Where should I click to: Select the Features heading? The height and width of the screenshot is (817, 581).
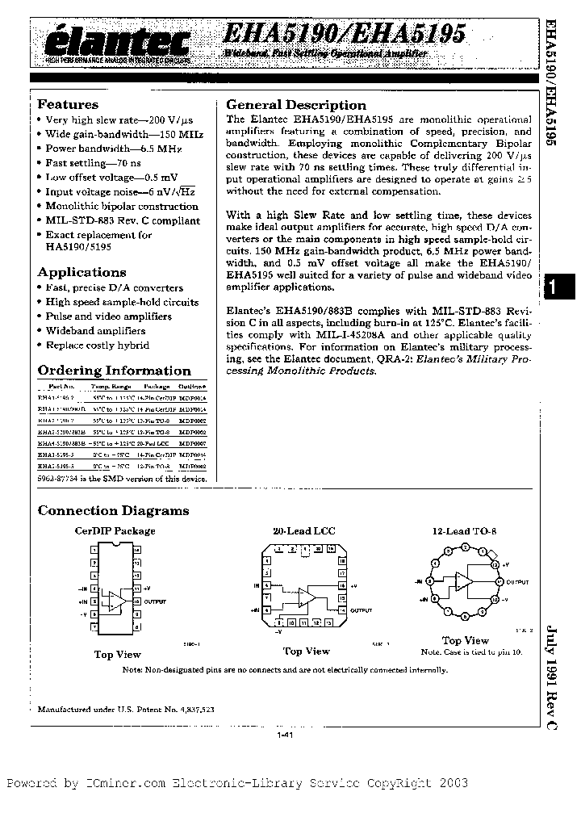coord(68,105)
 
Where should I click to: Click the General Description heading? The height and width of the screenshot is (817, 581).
coord(295,105)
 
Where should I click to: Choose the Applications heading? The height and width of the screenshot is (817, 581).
coord(82,272)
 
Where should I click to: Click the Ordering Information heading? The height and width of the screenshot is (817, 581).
coord(114,371)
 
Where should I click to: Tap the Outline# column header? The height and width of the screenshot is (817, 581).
coord(192,387)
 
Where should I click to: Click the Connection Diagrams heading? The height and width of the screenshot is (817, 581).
coord(113,510)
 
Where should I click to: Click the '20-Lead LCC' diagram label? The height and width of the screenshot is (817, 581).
coord(303,530)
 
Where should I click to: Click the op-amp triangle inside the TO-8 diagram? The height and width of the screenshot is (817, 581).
coord(463,582)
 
